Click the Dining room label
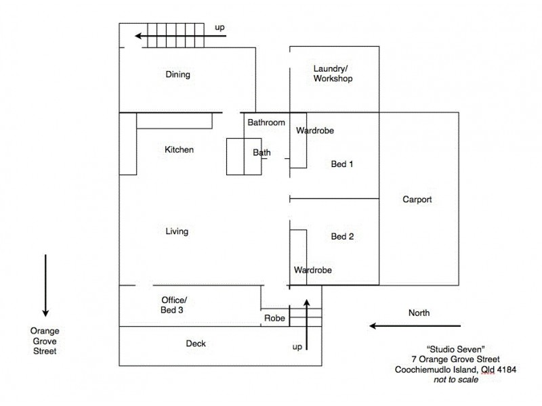click(x=178, y=75)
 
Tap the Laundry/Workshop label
click(x=333, y=74)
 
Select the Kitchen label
click(x=180, y=150)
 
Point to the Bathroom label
click(x=266, y=123)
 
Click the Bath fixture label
click(x=262, y=153)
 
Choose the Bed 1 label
click(x=342, y=164)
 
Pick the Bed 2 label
click(x=342, y=237)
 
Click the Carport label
click(x=417, y=200)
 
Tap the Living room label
click(x=177, y=231)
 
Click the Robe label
click(x=274, y=318)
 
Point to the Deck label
click(x=196, y=344)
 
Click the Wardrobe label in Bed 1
click(x=314, y=131)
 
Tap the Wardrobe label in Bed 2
click(x=312, y=270)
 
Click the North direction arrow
click(x=415, y=325)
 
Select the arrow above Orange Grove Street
click(x=45, y=285)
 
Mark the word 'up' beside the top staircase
click(x=220, y=27)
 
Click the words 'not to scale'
click(x=457, y=380)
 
